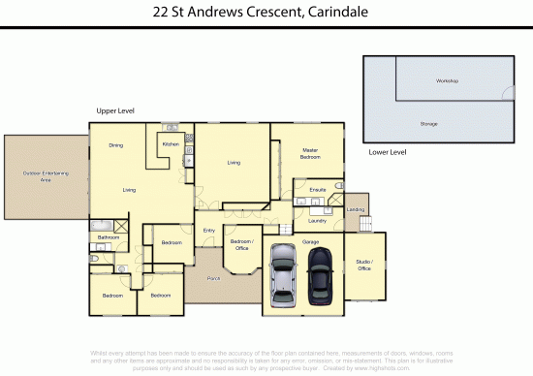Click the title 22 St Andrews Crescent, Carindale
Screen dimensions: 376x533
(266, 13)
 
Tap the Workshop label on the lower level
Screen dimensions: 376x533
(447, 80)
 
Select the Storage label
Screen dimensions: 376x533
(428, 124)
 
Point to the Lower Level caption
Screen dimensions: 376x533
(388, 152)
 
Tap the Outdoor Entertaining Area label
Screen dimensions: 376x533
(46, 174)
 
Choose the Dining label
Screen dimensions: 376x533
(115, 145)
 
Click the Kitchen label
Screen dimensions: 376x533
(171, 144)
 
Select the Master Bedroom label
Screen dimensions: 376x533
(310, 154)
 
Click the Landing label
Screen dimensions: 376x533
(356, 209)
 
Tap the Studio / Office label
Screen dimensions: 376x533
(365, 266)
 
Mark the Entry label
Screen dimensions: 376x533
(208, 230)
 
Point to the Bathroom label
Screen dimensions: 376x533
(108, 237)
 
